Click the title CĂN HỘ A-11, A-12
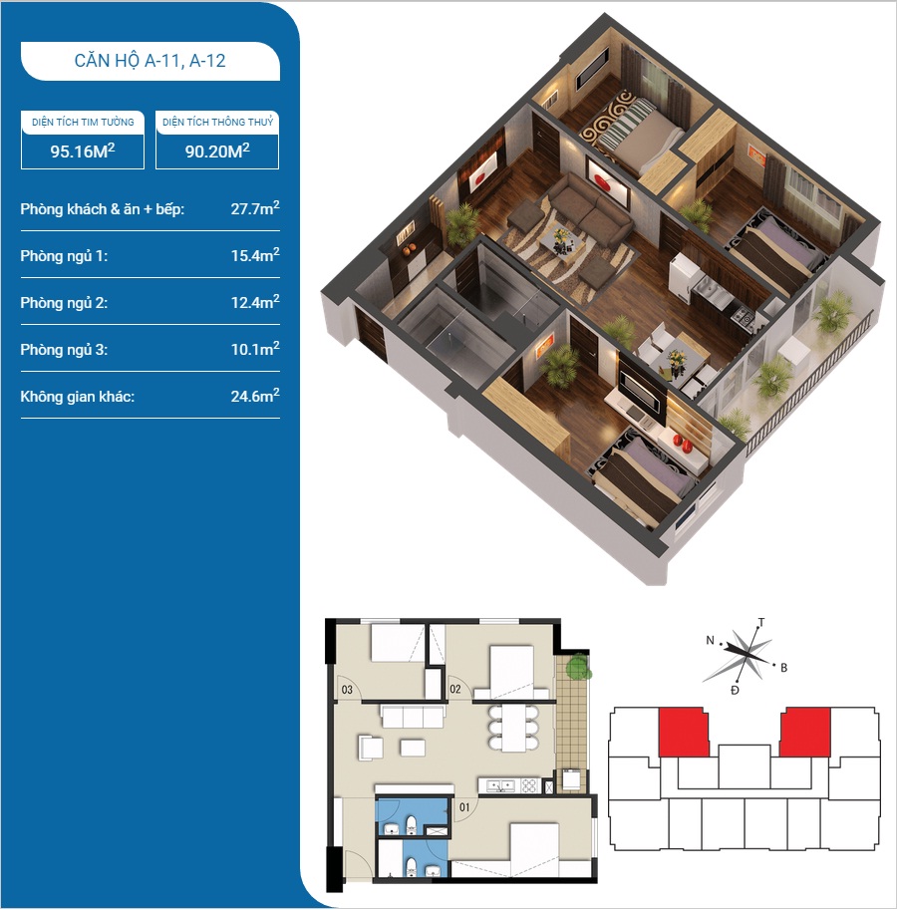click(149, 61)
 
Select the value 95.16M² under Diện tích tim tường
click(83, 151)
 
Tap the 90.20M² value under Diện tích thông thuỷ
click(217, 151)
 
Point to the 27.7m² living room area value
click(255, 208)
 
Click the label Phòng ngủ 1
click(64, 256)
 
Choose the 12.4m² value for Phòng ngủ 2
click(255, 302)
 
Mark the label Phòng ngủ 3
click(64, 350)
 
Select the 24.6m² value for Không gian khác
click(255, 396)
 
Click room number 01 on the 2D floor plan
click(464, 806)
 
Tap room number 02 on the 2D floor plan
click(454, 689)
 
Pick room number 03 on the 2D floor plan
click(347, 690)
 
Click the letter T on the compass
click(761, 623)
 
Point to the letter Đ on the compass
click(735, 690)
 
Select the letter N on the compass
click(710, 640)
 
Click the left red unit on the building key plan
click(684, 732)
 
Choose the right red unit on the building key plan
click(804, 732)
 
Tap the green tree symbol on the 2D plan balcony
click(578, 666)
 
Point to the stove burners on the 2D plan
click(530, 785)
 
